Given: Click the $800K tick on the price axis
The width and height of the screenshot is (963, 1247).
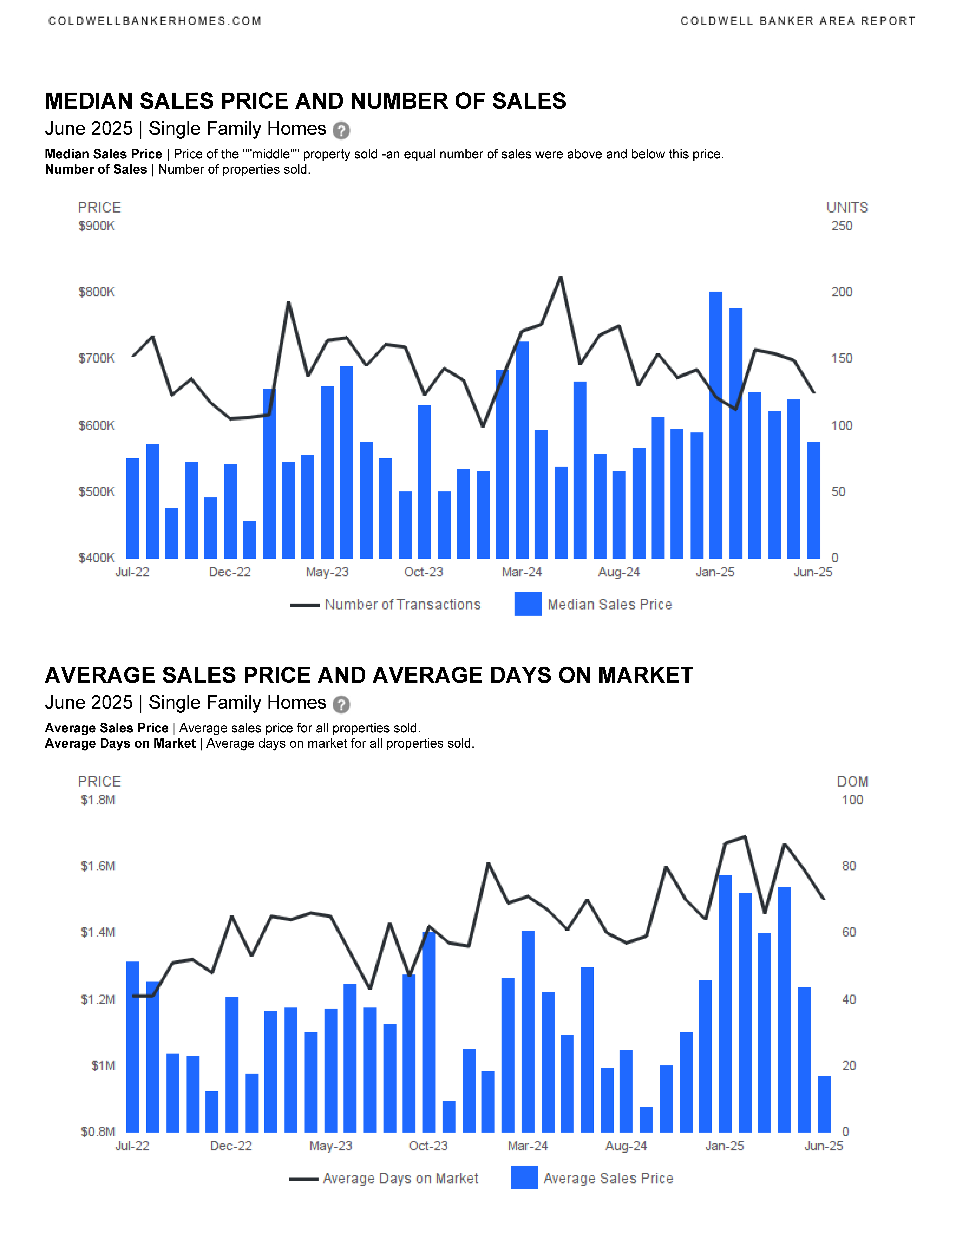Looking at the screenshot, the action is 96,292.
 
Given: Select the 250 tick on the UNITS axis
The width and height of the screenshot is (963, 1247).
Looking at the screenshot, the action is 841,226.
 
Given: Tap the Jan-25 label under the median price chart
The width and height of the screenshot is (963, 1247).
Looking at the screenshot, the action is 715,572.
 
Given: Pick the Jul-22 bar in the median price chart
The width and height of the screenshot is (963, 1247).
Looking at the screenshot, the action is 132,508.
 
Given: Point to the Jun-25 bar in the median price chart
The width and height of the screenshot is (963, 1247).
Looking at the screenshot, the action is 813,500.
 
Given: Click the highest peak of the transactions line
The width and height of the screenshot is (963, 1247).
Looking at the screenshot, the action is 560,278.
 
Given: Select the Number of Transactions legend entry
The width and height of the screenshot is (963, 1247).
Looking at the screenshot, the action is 386,605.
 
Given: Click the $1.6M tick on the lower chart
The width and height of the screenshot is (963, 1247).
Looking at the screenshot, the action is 98,866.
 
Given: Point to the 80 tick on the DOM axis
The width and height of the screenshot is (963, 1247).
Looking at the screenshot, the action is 849,866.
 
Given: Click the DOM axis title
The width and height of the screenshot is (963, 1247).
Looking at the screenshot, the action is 852,782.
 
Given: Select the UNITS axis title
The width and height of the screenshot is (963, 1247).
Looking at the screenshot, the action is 847,208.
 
